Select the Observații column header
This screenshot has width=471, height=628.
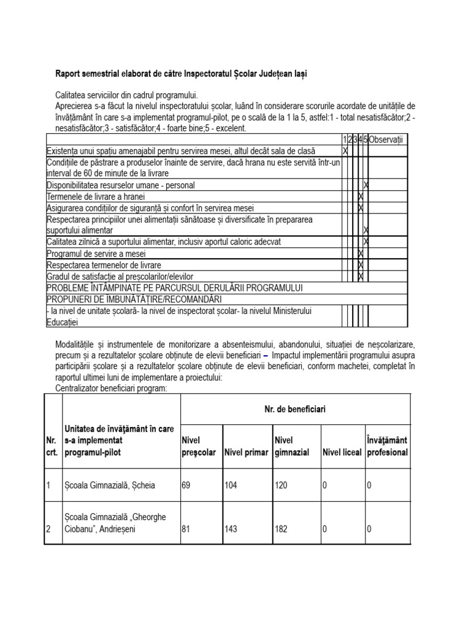(x=388, y=140)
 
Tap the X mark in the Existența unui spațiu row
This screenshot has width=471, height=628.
(x=345, y=150)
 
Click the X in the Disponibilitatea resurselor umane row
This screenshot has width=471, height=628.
(x=366, y=185)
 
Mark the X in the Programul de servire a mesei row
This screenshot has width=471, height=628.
(x=361, y=253)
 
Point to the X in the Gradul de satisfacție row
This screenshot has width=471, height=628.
(x=361, y=277)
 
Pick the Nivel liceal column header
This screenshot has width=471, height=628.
(x=342, y=453)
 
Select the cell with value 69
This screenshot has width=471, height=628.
(x=186, y=485)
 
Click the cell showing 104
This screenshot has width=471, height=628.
(x=231, y=485)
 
